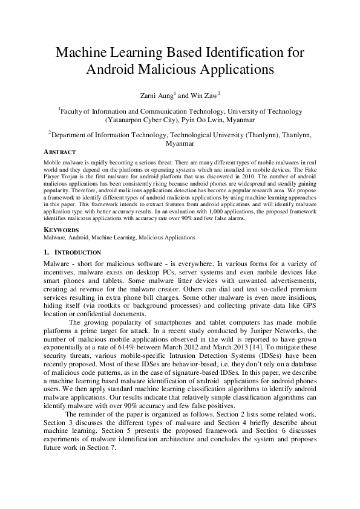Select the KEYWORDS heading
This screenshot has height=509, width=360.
[62, 230]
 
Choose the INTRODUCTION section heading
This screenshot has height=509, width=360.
[78, 251]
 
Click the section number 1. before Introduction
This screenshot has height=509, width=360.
[47, 251]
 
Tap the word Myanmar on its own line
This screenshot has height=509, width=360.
[180, 144]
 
